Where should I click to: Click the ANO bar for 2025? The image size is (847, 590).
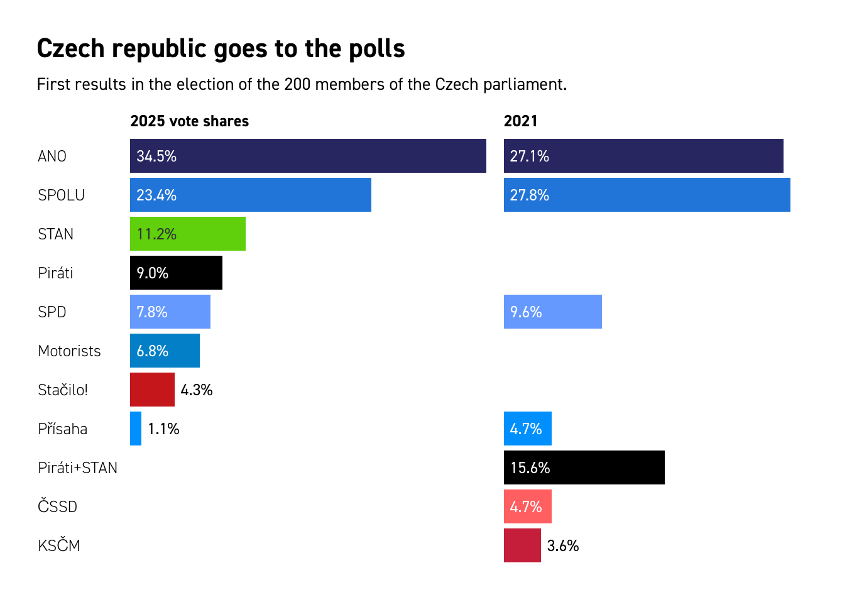(308, 156)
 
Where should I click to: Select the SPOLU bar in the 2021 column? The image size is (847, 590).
(647, 195)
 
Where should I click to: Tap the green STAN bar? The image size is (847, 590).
(187, 234)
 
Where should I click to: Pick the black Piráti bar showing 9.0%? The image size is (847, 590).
(176, 273)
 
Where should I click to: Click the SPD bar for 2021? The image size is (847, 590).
(552, 312)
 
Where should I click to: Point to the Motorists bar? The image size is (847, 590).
(165, 351)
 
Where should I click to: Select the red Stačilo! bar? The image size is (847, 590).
(152, 390)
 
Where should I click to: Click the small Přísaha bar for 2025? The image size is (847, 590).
(136, 429)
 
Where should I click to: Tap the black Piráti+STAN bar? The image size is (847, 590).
(584, 467)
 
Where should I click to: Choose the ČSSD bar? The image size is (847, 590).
(527, 506)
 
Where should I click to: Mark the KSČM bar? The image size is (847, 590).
(522, 545)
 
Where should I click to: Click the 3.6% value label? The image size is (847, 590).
(563, 546)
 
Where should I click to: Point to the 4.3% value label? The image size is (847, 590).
(197, 390)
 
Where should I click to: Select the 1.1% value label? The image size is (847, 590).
(163, 429)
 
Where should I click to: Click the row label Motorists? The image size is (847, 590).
(69, 351)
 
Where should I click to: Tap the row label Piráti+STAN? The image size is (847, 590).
(77, 468)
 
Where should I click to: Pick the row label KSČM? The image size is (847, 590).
(59, 545)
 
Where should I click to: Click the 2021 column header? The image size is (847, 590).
(520, 121)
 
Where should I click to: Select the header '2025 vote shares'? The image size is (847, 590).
(189, 121)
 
